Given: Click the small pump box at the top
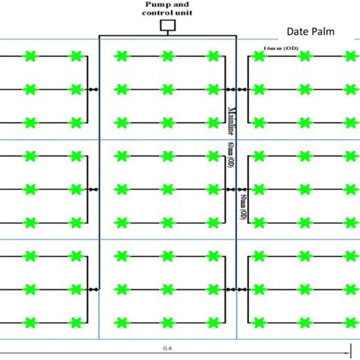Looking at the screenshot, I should click(168, 25).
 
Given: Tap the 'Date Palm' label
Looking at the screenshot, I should click(313, 32).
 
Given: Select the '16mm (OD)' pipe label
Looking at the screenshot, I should click(280, 47).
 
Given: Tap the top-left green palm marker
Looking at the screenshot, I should click(30, 55).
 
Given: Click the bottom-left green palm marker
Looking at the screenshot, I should click(30, 322).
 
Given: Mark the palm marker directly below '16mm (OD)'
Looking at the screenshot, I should click(259, 56).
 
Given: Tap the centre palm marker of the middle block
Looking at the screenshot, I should click(167, 189).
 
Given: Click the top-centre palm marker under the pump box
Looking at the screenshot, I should click(167, 55).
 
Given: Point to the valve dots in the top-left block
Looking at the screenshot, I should click(93, 89).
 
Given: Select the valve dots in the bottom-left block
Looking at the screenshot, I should click(93, 289).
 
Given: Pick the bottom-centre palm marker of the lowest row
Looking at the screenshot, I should click(167, 322).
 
